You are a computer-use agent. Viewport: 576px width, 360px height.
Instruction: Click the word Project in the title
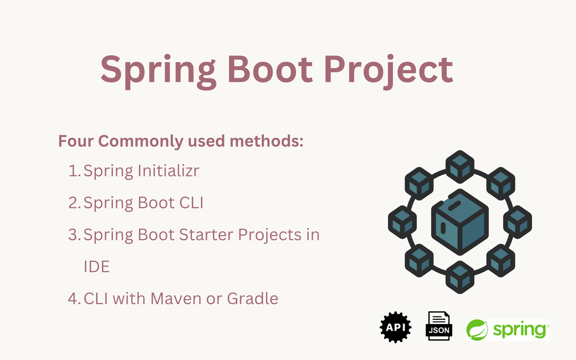pos(388,71)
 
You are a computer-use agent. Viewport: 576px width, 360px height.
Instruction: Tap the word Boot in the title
pos(270,70)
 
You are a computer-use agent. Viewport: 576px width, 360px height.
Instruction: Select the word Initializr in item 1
pos(168,170)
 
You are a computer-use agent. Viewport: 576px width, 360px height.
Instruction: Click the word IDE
pos(96,266)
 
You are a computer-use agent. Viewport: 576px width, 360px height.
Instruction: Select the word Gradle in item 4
pos(252,298)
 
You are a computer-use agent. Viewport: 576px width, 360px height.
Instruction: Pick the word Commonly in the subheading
pos(141,142)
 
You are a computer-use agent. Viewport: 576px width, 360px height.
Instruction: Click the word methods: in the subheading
pos(267,141)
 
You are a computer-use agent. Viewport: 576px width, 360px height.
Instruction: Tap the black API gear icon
pos(396,327)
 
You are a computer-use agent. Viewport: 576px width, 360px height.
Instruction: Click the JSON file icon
pos(439,326)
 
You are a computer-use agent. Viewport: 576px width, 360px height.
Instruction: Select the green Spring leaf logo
pos(477,330)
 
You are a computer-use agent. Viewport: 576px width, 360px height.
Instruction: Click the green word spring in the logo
pos(519,330)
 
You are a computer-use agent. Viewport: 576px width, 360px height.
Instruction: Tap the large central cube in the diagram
pos(460,222)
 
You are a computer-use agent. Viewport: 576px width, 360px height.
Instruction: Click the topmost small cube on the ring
pos(460,167)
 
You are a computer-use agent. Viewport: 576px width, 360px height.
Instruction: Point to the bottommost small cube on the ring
pos(460,277)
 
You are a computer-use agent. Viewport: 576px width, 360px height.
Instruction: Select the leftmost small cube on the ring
pos(402,222)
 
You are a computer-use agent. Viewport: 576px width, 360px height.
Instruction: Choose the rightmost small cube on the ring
pos(517,222)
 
